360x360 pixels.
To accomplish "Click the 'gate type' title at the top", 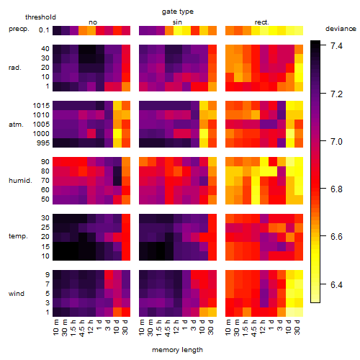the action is click(x=178, y=12).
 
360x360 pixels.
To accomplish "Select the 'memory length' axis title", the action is click(x=177, y=350).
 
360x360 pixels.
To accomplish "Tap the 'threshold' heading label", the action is click(x=40, y=17).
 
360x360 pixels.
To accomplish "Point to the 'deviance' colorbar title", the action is click(x=341, y=29).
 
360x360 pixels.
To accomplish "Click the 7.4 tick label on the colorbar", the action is click(x=336, y=45).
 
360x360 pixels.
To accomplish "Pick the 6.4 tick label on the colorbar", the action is click(x=336, y=285).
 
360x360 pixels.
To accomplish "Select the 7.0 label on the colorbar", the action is click(x=336, y=141).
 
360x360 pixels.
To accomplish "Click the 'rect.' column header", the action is click(x=262, y=22).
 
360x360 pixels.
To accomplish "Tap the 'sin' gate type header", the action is click(x=177, y=22).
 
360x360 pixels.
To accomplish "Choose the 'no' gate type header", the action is click(x=93, y=22).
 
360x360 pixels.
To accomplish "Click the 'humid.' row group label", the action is click(x=20, y=181).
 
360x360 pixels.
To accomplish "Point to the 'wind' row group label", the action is click(x=17, y=294).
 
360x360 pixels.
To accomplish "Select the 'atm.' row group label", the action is click(x=16, y=125).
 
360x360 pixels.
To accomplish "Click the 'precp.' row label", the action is click(x=19, y=30).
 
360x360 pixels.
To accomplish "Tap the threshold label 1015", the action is click(x=41, y=105).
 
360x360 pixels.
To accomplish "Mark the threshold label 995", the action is click(x=43, y=143).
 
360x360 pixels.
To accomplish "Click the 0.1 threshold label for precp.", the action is click(x=44, y=30).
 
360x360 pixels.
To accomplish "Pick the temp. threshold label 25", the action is click(x=45, y=227).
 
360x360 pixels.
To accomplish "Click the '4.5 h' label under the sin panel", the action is click(x=168, y=328).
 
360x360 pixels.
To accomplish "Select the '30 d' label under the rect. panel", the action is click(x=297, y=327).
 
